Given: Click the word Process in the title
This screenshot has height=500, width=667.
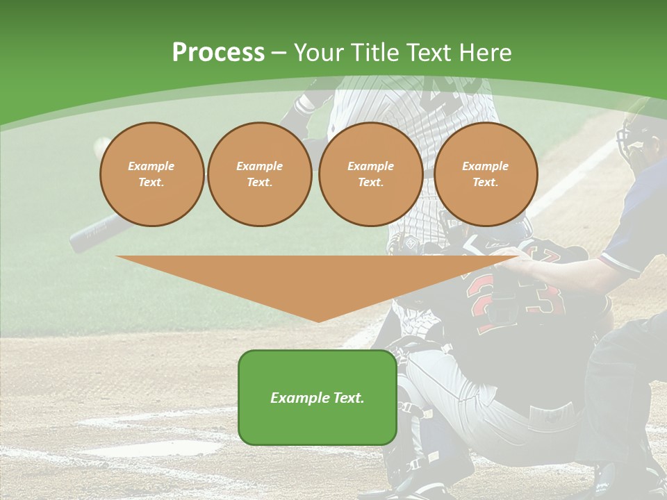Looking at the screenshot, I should tap(218, 53).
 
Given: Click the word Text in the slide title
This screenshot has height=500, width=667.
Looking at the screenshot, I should tap(430, 53).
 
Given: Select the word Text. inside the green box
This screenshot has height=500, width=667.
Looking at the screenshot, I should tap(348, 398).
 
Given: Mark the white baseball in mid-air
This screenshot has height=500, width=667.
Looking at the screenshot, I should tap(102, 144).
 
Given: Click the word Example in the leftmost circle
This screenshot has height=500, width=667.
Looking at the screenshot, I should tap(151, 166).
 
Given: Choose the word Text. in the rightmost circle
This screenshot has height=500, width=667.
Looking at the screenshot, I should tap(486, 182).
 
